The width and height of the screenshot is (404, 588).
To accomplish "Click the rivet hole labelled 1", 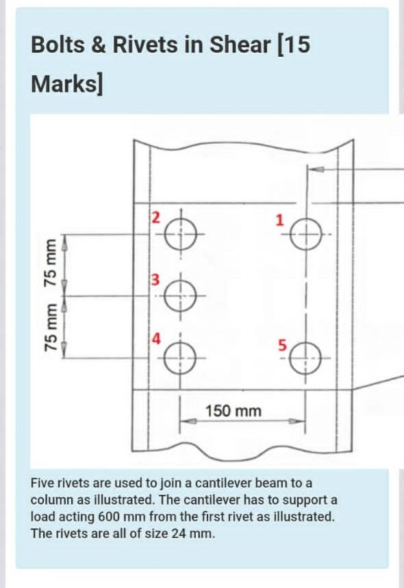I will [306, 238].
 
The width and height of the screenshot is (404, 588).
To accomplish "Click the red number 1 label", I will [279, 220].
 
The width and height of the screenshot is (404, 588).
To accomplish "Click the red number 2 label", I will [155, 218].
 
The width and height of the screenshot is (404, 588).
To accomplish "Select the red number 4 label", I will [156, 338].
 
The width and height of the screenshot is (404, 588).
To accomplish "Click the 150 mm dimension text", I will [233, 411].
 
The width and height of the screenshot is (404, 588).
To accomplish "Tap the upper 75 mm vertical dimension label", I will [49, 260].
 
